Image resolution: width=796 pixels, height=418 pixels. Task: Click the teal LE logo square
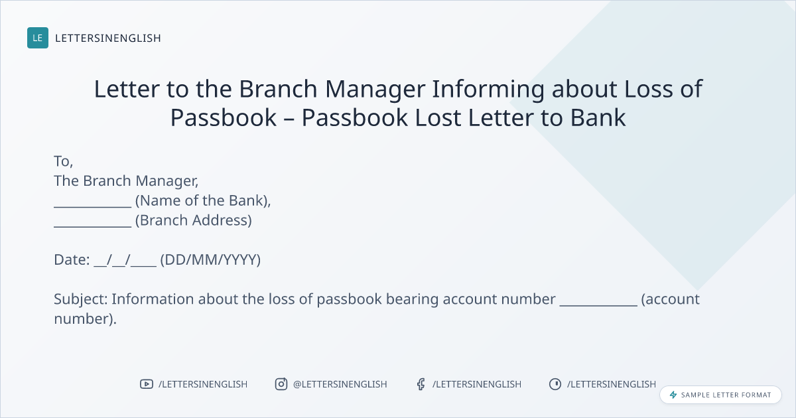tap(38, 38)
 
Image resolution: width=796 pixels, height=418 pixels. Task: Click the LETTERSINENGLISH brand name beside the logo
tap(108, 38)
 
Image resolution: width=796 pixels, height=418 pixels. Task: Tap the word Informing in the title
tap(488, 90)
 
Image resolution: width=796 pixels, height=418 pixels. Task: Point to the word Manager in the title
tap(375, 90)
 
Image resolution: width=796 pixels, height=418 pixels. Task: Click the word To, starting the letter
tap(63, 161)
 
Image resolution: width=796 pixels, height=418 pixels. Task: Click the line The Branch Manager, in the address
tap(126, 181)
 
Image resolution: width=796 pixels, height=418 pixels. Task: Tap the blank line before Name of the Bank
tap(93, 206)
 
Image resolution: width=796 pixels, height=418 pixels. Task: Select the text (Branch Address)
tap(194, 220)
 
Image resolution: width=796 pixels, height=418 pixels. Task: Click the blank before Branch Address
tap(93, 226)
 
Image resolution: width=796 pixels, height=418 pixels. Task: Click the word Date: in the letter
tap(72, 260)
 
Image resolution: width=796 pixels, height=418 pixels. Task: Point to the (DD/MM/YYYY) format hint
tap(210, 260)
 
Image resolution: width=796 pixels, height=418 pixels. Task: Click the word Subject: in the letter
tap(81, 299)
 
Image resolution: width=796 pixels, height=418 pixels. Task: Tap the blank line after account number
tap(598, 305)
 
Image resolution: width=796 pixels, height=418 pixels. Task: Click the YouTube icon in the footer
tap(147, 384)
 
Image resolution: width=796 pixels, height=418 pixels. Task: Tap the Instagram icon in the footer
tap(281, 384)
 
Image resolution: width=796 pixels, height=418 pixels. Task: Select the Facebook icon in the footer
tap(421, 384)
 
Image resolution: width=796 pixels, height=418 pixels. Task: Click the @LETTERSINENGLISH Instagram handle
tap(340, 384)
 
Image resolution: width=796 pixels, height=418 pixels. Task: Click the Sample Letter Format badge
tap(720, 395)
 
